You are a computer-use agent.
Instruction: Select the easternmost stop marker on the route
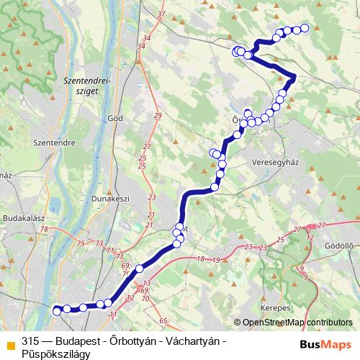[x=304, y=28]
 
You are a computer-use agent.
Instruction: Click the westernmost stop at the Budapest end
[x=56, y=310]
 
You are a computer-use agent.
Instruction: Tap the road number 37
[x=161, y=14]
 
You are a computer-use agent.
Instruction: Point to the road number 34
[x=141, y=47]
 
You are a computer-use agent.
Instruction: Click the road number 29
[x=158, y=116]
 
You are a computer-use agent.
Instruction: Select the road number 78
[x=45, y=230]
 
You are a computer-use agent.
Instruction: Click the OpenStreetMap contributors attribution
[x=297, y=323]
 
